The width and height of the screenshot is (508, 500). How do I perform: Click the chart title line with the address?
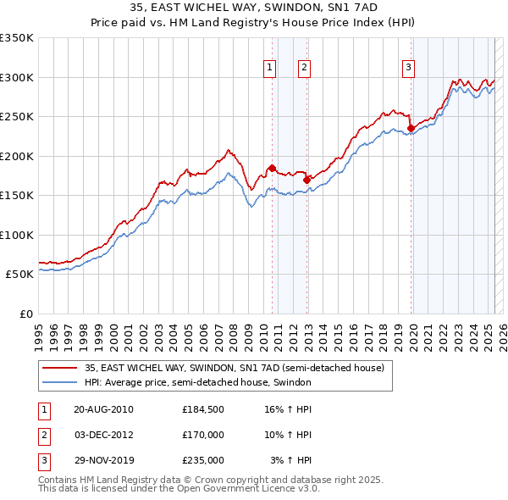pyautogui.click(x=254, y=8)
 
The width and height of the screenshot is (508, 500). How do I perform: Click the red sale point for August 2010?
pyautogui.click(x=272, y=168)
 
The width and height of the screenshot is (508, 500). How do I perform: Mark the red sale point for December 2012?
pyautogui.click(x=306, y=180)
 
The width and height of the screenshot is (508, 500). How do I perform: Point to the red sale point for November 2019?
pyautogui.click(x=411, y=128)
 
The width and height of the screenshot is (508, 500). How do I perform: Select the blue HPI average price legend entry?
pyautogui.click(x=198, y=382)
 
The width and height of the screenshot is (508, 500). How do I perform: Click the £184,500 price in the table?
pyautogui.click(x=203, y=408)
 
